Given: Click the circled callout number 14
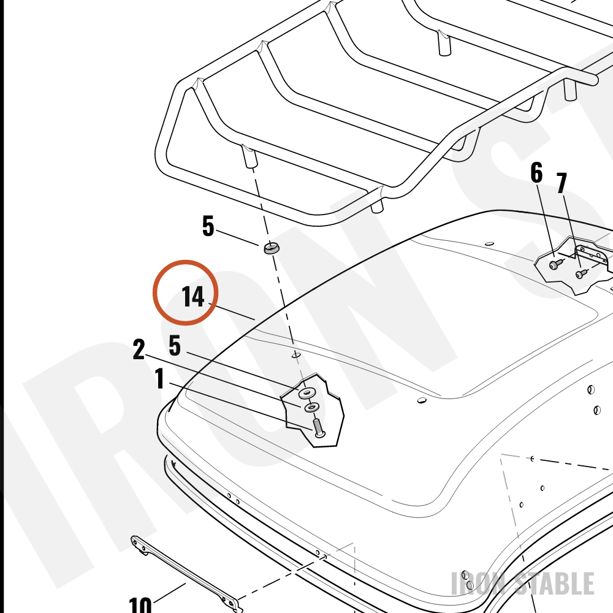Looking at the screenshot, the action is click(193, 297).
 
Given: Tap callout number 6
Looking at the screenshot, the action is click(536, 173).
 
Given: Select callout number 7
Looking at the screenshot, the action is click(562, 183).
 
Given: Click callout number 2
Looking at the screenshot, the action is click(139, 349).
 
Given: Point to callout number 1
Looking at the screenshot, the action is click(159, 378).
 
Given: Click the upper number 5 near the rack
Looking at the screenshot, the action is click(208, 226).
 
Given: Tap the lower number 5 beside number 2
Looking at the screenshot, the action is click(175, 346).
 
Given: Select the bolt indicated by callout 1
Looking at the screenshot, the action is click(319, 428).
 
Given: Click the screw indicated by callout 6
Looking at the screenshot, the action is click(554, 265).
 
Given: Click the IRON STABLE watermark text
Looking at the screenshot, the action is click(523, 584).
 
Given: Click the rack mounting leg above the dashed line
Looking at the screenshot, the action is click(249, 156).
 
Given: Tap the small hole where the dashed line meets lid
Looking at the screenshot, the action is click(296, 355).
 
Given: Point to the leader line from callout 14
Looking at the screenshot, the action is click(232, 311).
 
